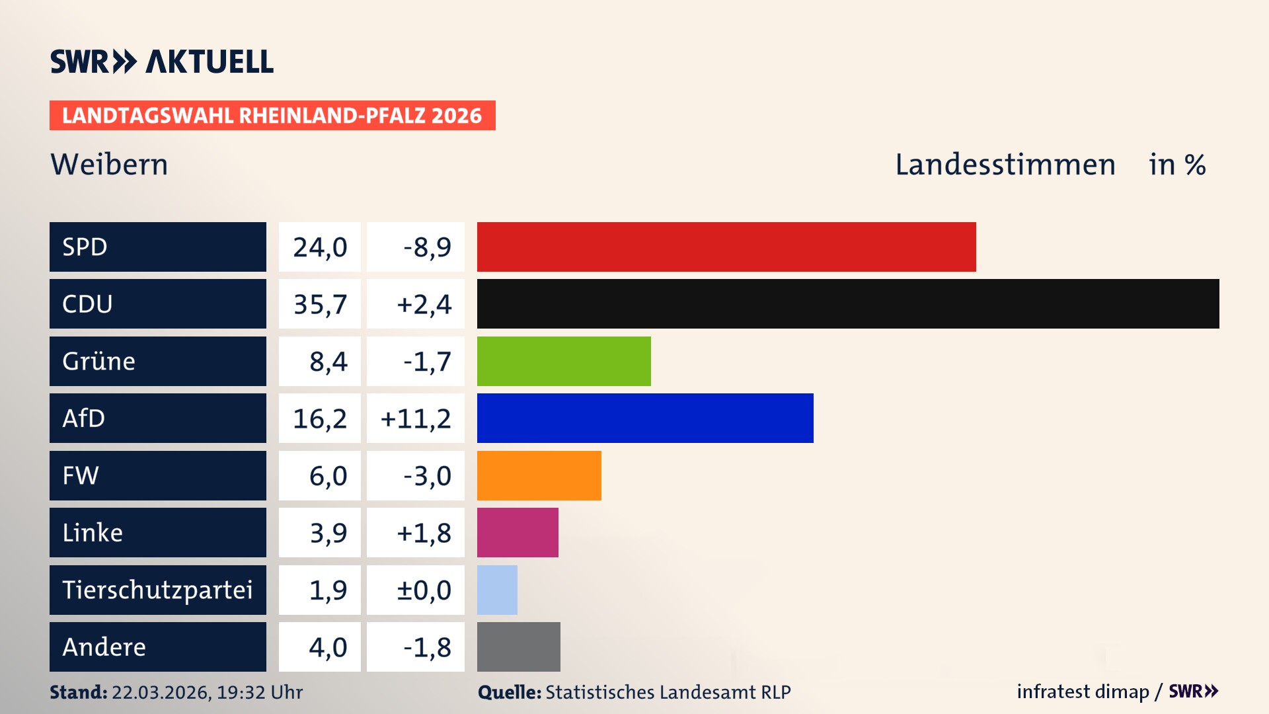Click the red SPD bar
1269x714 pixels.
point(726,247)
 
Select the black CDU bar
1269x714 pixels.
point(847,303)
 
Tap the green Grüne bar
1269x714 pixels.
point(563,361)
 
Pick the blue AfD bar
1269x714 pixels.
point(644,418)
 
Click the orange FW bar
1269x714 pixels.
point(539,475)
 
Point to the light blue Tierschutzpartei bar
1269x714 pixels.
point(497,590)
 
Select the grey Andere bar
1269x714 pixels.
point(518,647)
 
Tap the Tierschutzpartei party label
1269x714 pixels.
point(157,590)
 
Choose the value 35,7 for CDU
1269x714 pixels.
point(320,304)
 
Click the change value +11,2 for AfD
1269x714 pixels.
point(416,418)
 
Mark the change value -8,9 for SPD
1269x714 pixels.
point(427,247)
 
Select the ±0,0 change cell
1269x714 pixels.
point(423,590)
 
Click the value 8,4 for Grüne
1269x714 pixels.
point(328,362)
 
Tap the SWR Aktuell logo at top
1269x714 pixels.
point(162,61)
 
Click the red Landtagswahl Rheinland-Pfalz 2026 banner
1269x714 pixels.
point(272,116)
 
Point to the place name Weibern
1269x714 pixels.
point(109,165)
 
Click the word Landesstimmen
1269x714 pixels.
point(1005,165)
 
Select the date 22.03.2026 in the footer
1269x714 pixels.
point(161,692)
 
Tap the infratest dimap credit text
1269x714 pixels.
point(1082,692)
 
